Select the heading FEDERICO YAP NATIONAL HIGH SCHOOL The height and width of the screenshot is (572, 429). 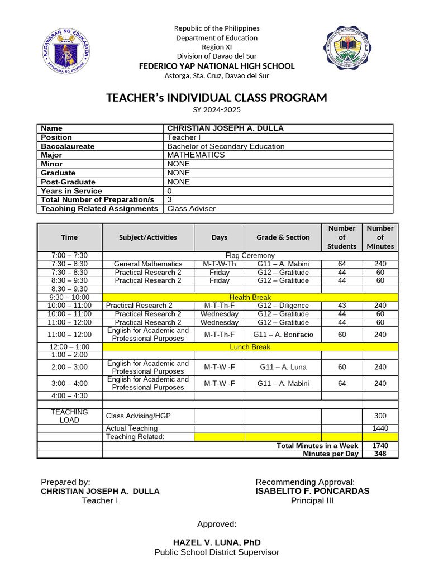pyautogui.click(x=217, y=66)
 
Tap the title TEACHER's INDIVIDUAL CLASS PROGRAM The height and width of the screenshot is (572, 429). pyautogui.click(x=217, y=98)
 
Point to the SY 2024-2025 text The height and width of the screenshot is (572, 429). pyautogui.click(x=217, y=111)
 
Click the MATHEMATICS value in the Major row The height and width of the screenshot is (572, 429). pyautogui.click(x=196, y=155)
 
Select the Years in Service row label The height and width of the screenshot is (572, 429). pyautogui.click(x=71, y=191)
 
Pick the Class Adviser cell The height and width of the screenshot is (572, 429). pyautogui.click(x=191, y=208)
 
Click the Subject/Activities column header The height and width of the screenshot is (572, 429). pyautogui.click(x=148, y=237)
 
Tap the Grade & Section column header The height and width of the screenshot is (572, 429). pyautogui.click(x=283, y=237)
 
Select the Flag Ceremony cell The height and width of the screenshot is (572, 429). pyautogui.click(x=250, y=255)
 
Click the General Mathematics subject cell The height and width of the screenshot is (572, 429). pyautogui.click(x=148, y=264)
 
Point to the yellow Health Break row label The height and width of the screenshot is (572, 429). pyautogui.click(x=250, y=297)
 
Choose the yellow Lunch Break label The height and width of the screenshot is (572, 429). pyautogui.click(x=250, y=347)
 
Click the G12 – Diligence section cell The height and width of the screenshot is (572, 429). pyautogui.click(x=283, y=306)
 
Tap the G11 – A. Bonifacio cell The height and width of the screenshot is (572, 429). pyautogui.click(x=283, y=335)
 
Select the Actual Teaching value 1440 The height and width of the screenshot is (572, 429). pyautogui.click(x=380, y=428)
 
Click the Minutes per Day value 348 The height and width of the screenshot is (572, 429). pyautogui.click(x=380, y=454)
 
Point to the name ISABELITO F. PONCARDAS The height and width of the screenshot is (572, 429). pyautogui.click(x=312, y=491)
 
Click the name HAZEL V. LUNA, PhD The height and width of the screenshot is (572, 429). pyautogui.click(x=217, y=542)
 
